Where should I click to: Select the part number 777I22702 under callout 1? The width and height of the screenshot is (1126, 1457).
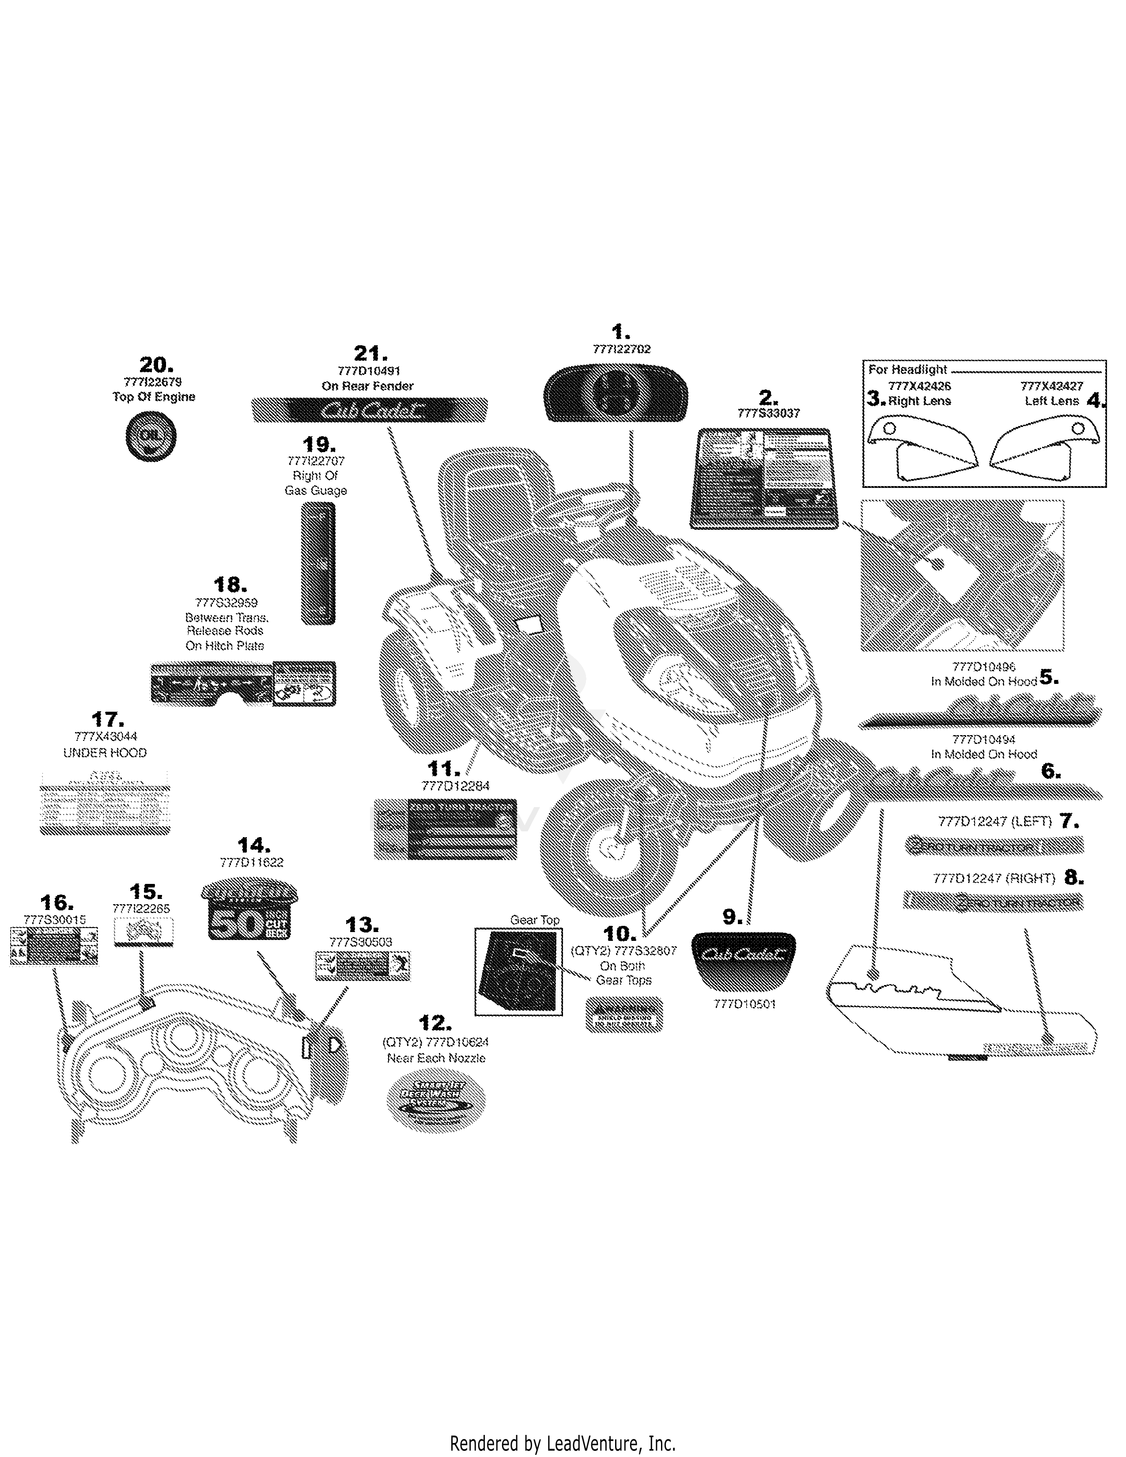click(x=621, y=349)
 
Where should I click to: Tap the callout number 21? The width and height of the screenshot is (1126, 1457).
click(x=370, y=354)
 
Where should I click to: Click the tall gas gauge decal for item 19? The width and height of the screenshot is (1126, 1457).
click(x=318, y=564)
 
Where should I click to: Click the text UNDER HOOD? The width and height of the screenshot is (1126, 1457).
click(x=105, y=752)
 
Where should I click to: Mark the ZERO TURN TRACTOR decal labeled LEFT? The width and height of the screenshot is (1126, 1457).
click(x=993, y=846)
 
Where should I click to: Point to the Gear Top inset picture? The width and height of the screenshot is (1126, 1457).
click(x=518, y=970)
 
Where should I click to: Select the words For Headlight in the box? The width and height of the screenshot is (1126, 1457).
click(x=907, y=370)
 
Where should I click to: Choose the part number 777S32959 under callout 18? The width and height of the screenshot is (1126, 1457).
click(x=226, y=602)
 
